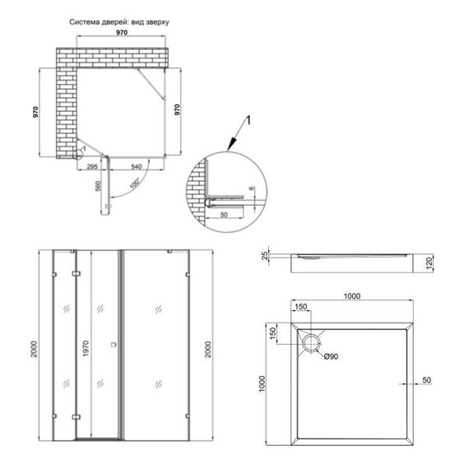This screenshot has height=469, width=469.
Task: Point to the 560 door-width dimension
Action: point(97,188)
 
